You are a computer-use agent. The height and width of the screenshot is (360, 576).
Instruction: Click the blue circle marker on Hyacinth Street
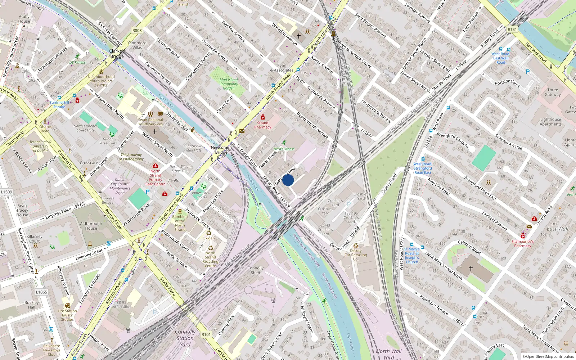288,180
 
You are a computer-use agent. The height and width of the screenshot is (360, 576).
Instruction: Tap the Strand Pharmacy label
263,125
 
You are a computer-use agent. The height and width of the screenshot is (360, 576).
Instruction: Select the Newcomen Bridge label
221,150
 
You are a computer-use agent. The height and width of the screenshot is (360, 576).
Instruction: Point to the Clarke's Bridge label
117,54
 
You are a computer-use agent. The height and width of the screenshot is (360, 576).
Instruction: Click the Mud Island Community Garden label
229,84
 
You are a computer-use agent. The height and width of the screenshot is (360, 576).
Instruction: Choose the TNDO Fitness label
284,149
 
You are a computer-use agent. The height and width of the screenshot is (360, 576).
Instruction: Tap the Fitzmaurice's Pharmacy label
523,244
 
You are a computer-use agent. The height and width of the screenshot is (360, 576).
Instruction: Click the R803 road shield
137,31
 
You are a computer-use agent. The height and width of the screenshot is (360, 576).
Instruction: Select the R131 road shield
512,30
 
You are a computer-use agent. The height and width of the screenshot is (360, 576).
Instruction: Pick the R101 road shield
206,334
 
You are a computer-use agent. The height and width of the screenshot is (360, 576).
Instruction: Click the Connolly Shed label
256,270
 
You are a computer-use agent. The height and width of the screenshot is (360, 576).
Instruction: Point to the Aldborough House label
91,226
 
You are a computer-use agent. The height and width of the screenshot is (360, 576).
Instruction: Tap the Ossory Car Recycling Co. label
356,255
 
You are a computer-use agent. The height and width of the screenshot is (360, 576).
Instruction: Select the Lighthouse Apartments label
550,122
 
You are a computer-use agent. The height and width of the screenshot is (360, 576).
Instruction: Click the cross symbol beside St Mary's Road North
471,268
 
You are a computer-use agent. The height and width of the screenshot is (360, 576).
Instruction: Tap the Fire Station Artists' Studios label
67,315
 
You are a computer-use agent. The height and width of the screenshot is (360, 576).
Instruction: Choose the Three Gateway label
553,92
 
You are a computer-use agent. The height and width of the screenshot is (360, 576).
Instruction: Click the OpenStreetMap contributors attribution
548,356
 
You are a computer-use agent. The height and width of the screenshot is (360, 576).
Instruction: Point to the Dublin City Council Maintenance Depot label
120,186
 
